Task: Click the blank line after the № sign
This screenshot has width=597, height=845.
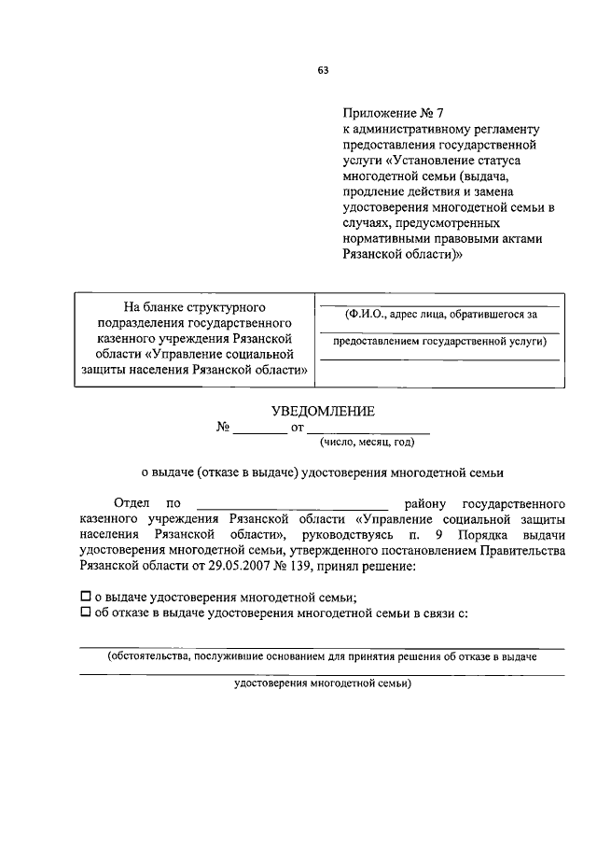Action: click(260, 429)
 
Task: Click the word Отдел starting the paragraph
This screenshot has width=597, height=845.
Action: click(131, 503)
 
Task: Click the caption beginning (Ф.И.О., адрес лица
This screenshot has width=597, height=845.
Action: click(440, 315)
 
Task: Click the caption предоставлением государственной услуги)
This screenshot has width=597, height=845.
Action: click(440, 342)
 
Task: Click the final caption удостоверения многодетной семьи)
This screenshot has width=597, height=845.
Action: click(321, 683)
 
